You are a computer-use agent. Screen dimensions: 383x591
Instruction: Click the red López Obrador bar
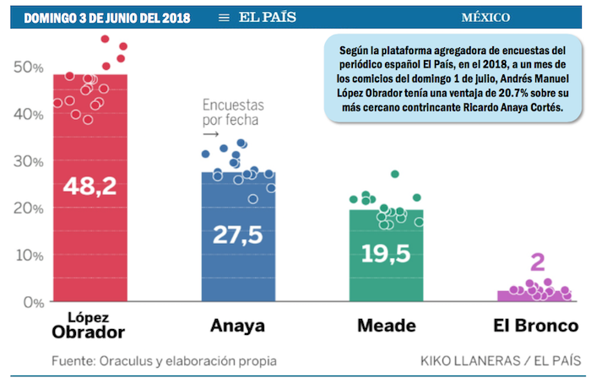click(x=90, y=236)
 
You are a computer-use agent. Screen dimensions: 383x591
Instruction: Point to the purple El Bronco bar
click(x=534, y=295)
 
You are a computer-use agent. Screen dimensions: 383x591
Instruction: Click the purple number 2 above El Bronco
click(x=534, y=262)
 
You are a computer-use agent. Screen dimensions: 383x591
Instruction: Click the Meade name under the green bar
click(x=387, y=326)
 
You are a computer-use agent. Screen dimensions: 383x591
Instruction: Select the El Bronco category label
click(x=535, y=326)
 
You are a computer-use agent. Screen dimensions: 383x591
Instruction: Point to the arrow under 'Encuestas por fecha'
click(x=211, y=133)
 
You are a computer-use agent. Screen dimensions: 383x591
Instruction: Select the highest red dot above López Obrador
click(x=106, y=39)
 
